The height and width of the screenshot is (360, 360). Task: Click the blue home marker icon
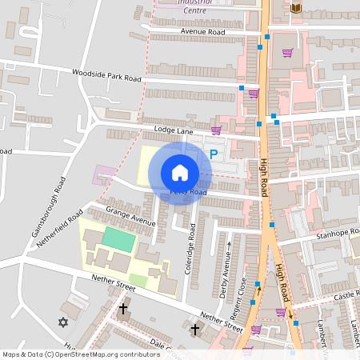[x=180, y=173]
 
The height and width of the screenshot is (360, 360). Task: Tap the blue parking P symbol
[x=213, y=153]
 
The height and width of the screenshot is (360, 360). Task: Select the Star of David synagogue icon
[x=63, y=322]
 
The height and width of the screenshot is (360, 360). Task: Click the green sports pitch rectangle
[x=118, y=238]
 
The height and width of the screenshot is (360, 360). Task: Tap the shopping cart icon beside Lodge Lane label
[x=216, y=130]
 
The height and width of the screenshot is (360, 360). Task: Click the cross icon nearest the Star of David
[x=123, y=308]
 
